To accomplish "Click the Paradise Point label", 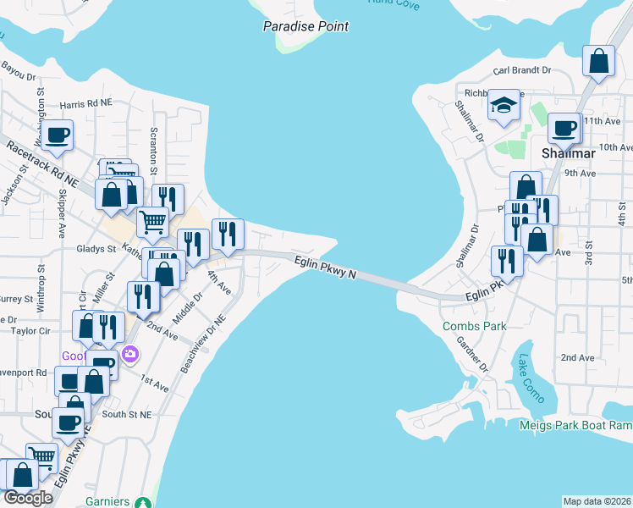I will click(x=305, y=26).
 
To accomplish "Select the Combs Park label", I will click(x=474, y=326).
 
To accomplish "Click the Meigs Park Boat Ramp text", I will click(x=575, y=425).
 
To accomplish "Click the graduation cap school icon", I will click(x=504, y=106).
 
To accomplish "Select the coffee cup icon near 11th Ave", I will click(x=564, y=129).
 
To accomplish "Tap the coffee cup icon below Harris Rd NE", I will click(x=58, y=135).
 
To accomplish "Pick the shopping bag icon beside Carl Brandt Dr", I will click(x=598, y=61).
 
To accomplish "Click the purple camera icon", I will click(x=129, y=354).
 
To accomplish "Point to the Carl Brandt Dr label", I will click(x=522, y=70).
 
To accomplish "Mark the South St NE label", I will click(x=126, y=415).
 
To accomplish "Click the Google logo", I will click(x=28, y=498).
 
